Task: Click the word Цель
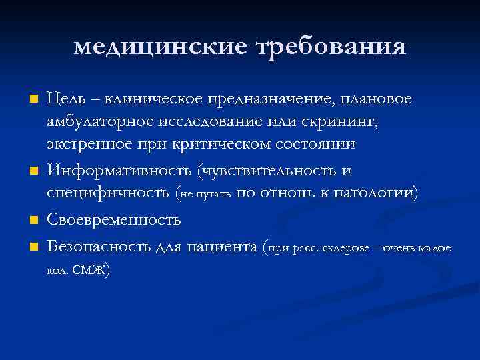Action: (x=66, y=99)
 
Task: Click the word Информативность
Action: (x=119, y=171)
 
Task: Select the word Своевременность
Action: (x=113, y=219)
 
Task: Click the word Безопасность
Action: (x=99, y=247)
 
